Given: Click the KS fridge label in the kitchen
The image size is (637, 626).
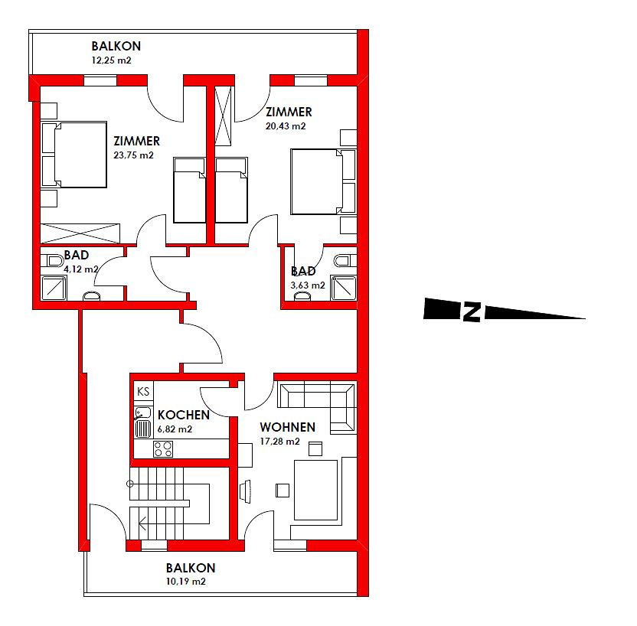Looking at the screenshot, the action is coord(143,391).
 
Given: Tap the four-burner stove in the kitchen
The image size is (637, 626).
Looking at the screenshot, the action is coord(163,449).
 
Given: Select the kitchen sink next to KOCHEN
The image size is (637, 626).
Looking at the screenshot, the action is coord(143,422).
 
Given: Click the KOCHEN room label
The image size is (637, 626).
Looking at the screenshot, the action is coord(184,415).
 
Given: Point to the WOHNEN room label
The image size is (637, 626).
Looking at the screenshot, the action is coord(288,427).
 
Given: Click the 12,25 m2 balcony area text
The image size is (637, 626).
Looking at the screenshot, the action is coord(111,60).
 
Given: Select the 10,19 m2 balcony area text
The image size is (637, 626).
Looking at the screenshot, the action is coord(185,582).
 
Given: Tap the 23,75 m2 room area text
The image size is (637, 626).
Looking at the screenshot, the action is coord(134,155).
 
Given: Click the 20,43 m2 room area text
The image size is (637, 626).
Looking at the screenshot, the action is coord(286,126).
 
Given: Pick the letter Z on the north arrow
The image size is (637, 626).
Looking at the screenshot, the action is coord(472,311).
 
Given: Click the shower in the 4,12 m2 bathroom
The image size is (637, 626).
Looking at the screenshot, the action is coord(54,288).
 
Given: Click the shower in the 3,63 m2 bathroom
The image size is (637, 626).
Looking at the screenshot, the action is coord(344,288).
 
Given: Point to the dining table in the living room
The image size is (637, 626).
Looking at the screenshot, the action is coord(315,490).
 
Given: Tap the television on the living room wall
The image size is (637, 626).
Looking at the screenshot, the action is coord(245,491).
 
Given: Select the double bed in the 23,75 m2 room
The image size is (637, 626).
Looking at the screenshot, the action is coord(74,155).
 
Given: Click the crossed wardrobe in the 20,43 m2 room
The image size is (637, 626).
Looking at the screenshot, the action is coord(223,116).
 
